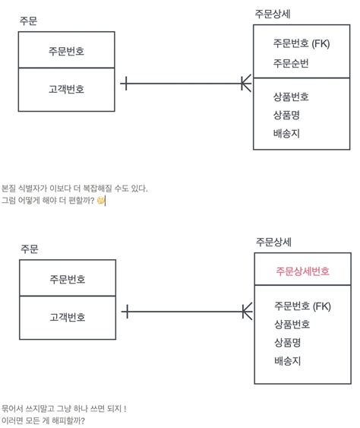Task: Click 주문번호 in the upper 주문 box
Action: [67, 51]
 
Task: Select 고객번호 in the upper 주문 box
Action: [67, 89]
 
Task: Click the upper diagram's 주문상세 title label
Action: [273, 14]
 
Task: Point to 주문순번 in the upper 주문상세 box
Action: [291, 62]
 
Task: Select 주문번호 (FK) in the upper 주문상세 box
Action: [302, 43]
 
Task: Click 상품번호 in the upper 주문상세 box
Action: [291, 97]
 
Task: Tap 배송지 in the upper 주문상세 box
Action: [286, 133]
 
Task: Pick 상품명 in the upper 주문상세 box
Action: [286, 115]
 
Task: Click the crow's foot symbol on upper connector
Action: [246, 83]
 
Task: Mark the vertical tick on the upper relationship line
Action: [124, 83]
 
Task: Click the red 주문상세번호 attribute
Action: [302, 271]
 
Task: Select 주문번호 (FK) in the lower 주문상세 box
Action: [302, 306]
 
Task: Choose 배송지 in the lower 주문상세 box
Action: [287, 360]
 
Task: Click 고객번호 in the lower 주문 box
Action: [67, 317]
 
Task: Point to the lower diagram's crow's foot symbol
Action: [247, 311]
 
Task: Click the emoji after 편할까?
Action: [101, 201]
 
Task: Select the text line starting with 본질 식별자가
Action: [74, 188]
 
